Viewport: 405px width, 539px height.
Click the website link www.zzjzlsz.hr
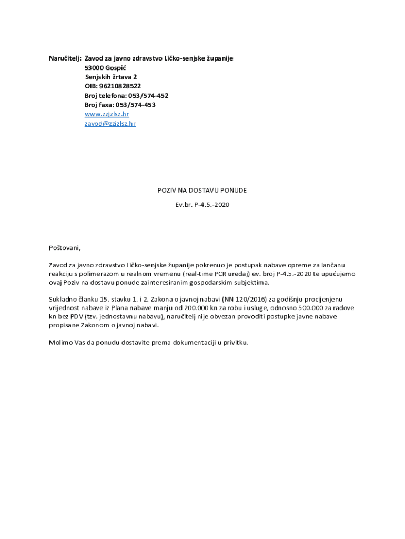coord(107,114)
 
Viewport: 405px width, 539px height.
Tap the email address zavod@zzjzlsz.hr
coord(110,124)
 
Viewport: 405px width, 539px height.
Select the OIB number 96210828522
coord(120,86)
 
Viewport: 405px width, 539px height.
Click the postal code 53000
coord(94,68)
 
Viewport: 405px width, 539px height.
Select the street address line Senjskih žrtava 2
coord(111,77)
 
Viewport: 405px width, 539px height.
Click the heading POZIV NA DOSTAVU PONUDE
coord(202,190)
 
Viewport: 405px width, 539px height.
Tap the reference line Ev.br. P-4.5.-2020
coord(202,204)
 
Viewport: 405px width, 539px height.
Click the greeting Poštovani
coord(65,247)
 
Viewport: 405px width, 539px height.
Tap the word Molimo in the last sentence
coord(61,342)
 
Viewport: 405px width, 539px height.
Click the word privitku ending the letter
coord(234,342)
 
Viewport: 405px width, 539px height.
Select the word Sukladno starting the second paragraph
coord(64,299)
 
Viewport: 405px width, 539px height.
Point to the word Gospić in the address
coord(116,68)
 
